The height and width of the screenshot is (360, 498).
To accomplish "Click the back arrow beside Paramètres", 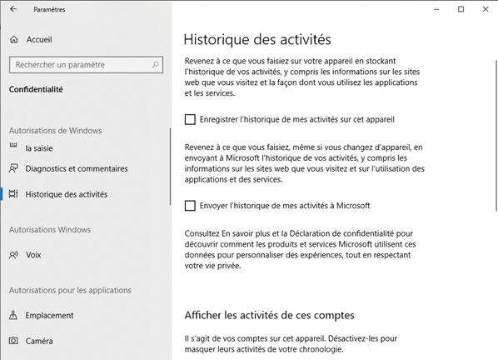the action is [12, 9].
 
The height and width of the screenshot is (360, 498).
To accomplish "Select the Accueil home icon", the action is [13, 39].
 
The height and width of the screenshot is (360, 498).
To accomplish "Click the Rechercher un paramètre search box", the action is [79, 64].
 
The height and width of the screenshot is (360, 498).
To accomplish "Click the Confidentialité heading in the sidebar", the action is [36, 89].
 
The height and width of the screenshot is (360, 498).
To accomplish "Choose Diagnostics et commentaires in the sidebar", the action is [77, 168].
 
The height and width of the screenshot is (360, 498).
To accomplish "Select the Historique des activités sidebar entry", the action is [66, 194].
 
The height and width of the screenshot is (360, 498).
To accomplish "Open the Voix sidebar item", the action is [33, 255].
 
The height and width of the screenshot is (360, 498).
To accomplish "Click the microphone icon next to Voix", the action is [13, 255].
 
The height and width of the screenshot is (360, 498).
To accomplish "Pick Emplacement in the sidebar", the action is [49, 315].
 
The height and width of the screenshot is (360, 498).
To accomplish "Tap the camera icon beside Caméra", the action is [13, 341].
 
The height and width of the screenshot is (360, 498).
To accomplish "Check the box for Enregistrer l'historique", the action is [191, 119].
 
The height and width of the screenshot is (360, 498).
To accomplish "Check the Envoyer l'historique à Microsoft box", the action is [191, 205].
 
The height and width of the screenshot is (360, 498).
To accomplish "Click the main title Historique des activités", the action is [257, 39].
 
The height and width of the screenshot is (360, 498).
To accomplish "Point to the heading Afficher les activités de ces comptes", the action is [268, 315].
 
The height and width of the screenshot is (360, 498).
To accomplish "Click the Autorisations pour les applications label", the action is [70, 290].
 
